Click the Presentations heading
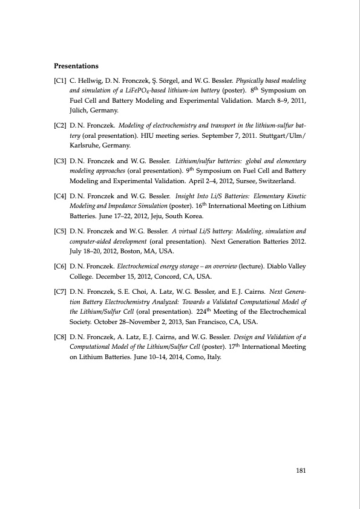(x=76, y=65)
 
